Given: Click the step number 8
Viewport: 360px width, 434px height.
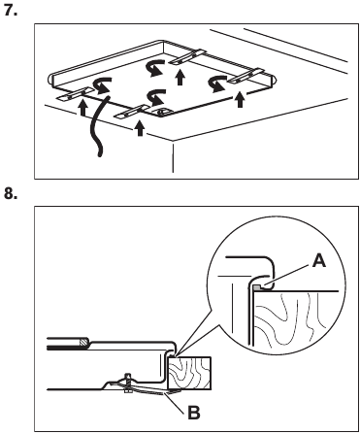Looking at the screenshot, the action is tap(11, 193).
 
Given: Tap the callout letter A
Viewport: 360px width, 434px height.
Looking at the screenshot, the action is tap(319, 261).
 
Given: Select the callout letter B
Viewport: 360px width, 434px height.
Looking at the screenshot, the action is tap(194, 413).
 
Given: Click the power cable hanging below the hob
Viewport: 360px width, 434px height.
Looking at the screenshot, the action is tap(97, 126).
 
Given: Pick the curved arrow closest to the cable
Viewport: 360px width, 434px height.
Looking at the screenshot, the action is tap(102, 84).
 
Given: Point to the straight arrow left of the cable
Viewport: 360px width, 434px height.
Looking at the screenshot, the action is tap(82, 108).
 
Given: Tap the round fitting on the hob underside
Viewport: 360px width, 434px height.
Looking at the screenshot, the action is tap(161, 112).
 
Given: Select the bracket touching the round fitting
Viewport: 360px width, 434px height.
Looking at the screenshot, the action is tap(133, 112).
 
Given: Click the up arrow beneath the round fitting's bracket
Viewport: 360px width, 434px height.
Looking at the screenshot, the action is tap(140, 128).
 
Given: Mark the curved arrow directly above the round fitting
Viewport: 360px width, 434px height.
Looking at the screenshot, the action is tap(156, 97).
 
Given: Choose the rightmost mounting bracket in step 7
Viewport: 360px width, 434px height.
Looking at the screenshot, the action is tap(245, 76).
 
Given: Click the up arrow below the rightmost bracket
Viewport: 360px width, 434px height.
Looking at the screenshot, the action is tap(240, 99).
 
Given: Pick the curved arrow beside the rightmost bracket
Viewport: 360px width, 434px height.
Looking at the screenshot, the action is tap(217, 83).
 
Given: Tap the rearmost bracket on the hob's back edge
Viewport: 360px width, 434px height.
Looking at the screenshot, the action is tap(187, 56).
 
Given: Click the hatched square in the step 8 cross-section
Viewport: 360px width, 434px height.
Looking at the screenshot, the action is tap(83, 342).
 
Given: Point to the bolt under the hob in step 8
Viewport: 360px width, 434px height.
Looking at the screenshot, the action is tap(128, 383).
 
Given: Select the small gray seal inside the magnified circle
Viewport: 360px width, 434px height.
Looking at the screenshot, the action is tap(257, 286).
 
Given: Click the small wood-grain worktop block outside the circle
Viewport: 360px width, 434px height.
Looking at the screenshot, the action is tap(189, 373).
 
